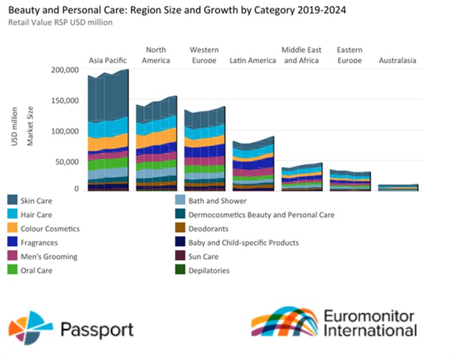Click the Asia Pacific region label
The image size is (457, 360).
107,61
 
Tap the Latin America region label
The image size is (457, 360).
252,61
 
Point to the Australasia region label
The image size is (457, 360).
398,61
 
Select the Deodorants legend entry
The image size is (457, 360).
212,229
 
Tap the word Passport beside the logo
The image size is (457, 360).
97,330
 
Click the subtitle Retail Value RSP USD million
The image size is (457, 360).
60,23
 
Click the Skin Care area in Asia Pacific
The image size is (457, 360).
108,97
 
